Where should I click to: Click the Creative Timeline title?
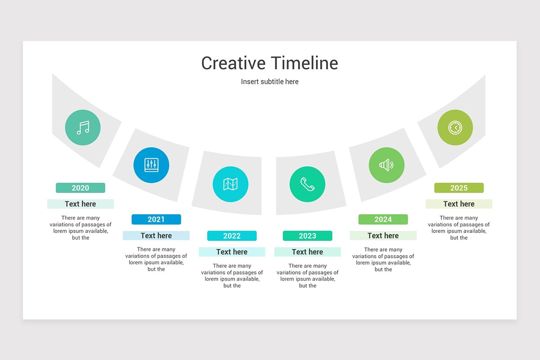coord(270,63)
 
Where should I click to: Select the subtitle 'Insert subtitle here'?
coord(270,81)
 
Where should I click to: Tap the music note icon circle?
coord(83,128)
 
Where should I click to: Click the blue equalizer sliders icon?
coord(151,165)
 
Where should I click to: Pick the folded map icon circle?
coord(230,184)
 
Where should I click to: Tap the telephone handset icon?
coord(307,184)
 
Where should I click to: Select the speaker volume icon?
coord(387,165)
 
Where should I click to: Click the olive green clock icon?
coord(455,128)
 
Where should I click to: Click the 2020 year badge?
coord(81,188)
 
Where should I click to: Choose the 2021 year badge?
coord(156,219)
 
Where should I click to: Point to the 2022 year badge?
coord(232,236)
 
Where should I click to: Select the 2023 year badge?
coord(307,236)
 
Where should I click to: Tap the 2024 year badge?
coord(383,219)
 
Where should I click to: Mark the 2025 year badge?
coord(459,188)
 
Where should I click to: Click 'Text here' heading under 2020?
coord(81,204)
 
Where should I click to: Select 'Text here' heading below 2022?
coord(232,252)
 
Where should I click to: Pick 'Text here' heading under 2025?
coord(459,204)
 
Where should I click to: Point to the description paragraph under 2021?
coord(156,259)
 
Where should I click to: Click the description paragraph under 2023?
coord(307,275)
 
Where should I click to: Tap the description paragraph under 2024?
coord(383,259)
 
